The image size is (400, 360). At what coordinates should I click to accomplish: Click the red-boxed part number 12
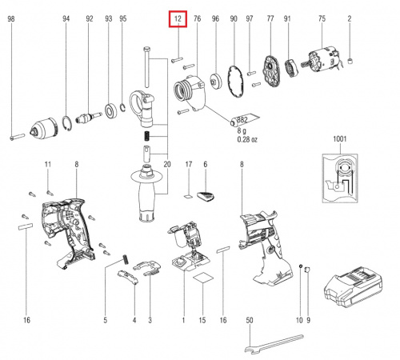pyautogui.click(x=178, y=18)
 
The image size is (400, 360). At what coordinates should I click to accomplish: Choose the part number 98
pyautogui.click(x=11, y=18)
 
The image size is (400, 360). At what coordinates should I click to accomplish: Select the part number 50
pyautogui.click(x=250, y=320)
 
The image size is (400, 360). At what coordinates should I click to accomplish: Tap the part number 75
pyautogui.click(x=322, y=18)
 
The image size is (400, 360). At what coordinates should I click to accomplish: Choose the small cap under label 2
pyautogui.click(x=350, y=61)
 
